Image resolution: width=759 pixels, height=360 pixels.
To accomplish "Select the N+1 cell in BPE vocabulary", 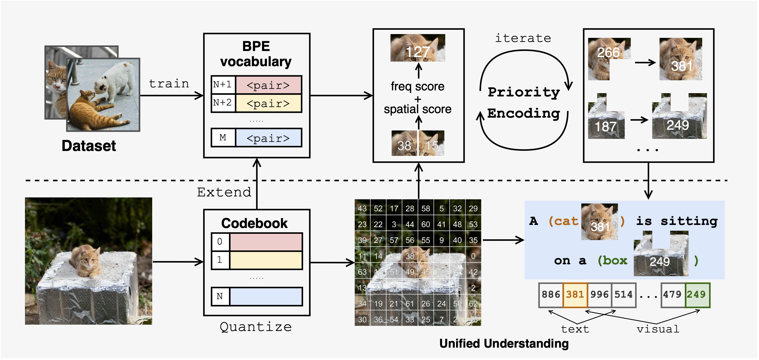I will click(x=222, y=85).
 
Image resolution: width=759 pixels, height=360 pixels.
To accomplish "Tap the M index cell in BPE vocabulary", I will click(x=223, y=138).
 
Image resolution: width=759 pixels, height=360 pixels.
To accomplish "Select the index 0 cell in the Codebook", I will click(x=220, y=242).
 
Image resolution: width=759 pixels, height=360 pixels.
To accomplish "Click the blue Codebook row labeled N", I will click(x=266, y=296).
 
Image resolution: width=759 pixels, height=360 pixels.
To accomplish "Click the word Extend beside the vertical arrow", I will click(x=224, y=192).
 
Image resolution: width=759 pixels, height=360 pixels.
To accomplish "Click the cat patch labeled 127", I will click(x=417, y=48).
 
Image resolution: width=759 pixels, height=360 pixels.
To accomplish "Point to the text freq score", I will click(x=417, y=87).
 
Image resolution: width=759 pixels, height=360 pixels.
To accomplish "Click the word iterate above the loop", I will click(x=523, y=38).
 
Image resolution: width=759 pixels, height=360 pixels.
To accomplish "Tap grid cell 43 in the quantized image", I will click(x=362, y=209).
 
